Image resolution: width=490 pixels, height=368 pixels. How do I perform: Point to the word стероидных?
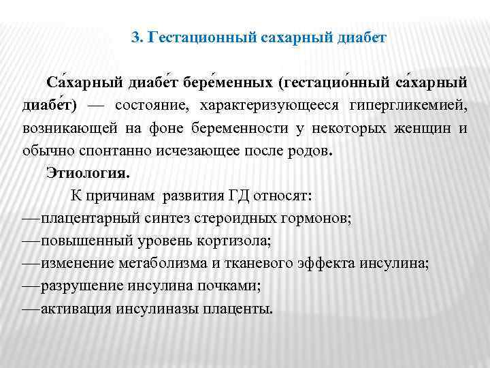pos(235,219)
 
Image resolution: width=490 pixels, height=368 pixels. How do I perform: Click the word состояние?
pos(152,106)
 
